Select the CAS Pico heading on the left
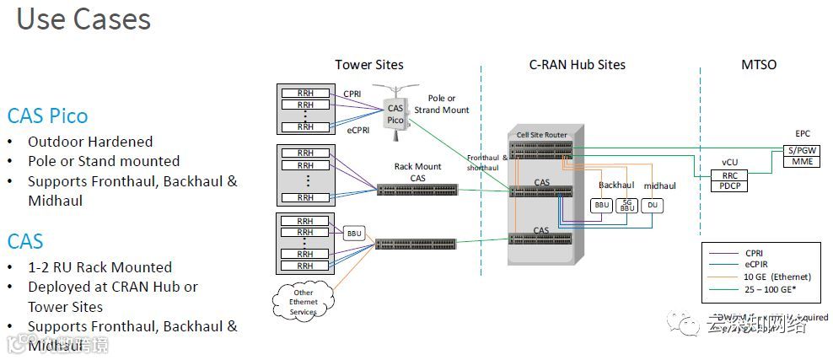pos(47,116)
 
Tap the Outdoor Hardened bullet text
pos(90,142)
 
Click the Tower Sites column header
pos(368,65)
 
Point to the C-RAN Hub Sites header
pos(578,65)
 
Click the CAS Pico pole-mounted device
pos(395,112)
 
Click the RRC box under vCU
pos(729,175)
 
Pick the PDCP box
pos(729,185)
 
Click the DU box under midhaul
pos(652,204)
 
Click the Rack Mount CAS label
pos(417,172)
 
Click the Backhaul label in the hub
pos(616,185)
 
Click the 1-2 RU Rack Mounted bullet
pos(99,267)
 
